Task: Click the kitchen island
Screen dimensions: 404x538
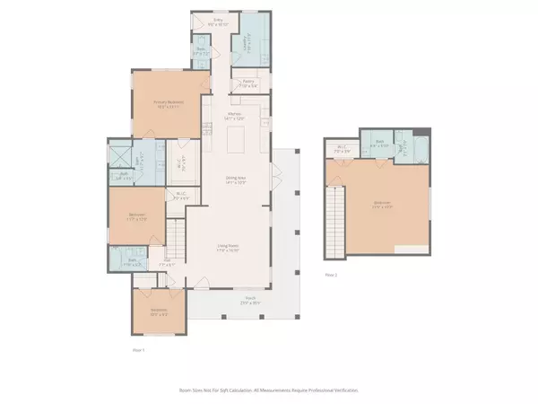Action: (x=239, y=140)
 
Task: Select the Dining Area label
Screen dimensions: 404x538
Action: (x=237, y=180)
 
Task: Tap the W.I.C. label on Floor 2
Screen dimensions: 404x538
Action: (x=342, y=148)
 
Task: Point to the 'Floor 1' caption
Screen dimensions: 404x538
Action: (x=137, y=349)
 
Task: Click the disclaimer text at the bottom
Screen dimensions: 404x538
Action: (x=269, y=390)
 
